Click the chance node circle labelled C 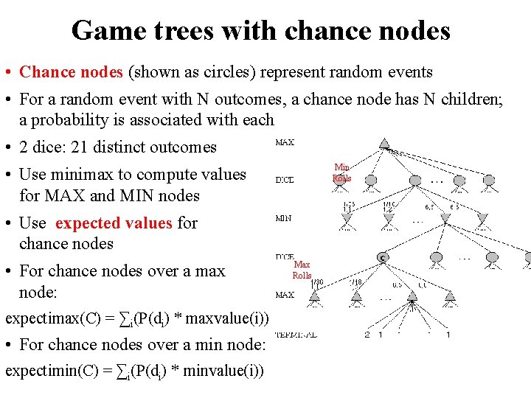pos(383,256)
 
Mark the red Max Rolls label pos(302,270)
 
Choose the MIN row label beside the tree pos(283,218)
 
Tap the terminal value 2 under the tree pos(367,335)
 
